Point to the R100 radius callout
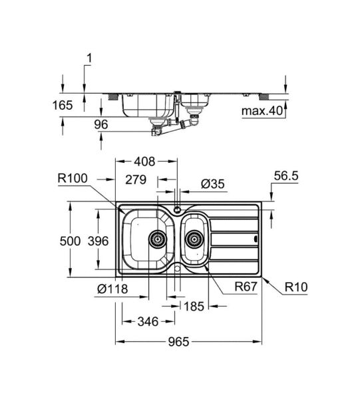click(73, 178)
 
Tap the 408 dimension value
click(144, 162)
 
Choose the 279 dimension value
click(136, 178)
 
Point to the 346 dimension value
click(147, 322)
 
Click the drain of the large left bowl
click(157, 237)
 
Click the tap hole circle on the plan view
click(177, 209)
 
